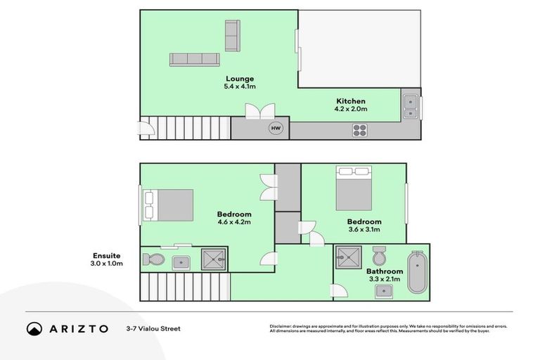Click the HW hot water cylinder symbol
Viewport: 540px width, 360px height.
275,129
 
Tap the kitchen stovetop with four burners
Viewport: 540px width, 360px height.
360,129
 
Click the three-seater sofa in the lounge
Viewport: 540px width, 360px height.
194,59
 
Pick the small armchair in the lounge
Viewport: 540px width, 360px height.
232,31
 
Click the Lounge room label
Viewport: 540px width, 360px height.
240,79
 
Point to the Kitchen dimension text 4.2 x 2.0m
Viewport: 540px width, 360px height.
350,110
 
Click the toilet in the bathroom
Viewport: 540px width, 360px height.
379,255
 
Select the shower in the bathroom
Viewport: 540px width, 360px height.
348,258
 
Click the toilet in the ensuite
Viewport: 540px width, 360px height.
153,260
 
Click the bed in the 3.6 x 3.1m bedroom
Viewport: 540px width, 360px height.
353,188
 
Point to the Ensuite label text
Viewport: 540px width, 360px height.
107,255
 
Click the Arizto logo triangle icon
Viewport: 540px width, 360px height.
34,328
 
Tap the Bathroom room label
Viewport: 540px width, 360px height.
385,271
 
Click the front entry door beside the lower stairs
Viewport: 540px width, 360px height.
145,128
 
